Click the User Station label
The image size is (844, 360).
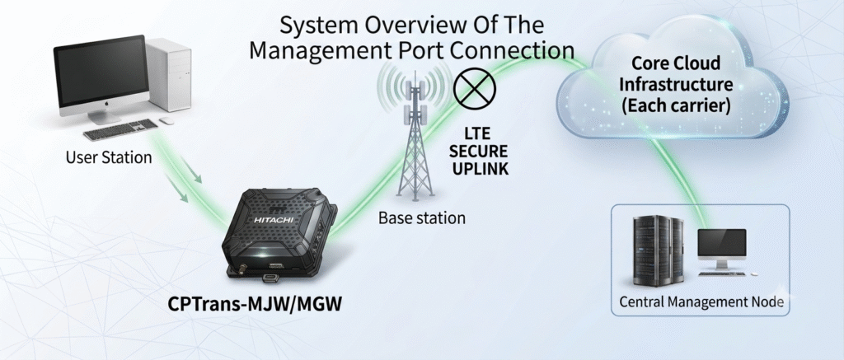109,157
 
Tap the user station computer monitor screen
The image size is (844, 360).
101,70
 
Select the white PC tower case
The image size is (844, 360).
168,73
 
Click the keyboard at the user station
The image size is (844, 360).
120,129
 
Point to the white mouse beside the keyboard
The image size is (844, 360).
166,120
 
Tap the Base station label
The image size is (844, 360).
421,218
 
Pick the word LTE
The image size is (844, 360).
480,132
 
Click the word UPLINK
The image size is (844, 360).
481,168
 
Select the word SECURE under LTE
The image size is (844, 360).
481,150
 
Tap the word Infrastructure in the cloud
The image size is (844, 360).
676,85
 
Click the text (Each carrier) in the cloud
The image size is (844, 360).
676,105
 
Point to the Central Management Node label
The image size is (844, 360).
701,302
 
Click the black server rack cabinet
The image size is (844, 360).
659,250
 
